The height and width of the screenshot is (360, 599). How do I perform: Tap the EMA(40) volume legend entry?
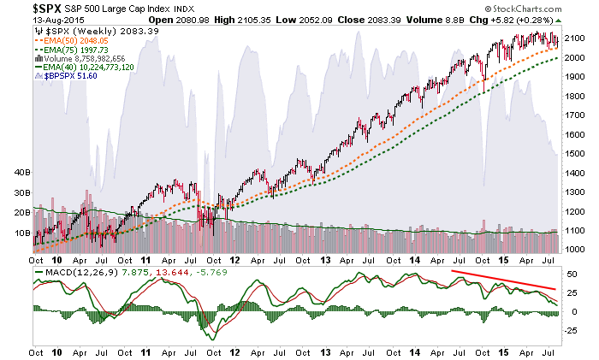click(84, 68)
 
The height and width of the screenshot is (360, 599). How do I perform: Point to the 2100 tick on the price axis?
click(576, 39)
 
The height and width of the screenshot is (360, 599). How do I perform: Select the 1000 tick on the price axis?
click(576, 250)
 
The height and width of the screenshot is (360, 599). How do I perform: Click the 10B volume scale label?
click(21, 232)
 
